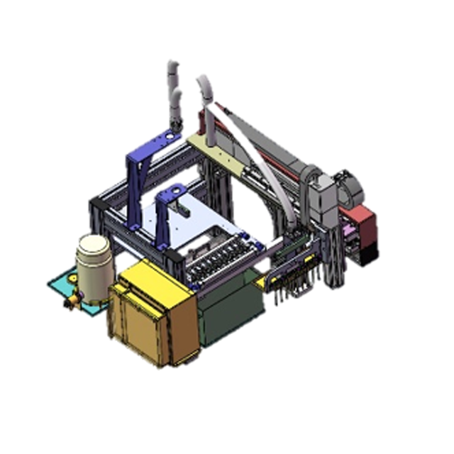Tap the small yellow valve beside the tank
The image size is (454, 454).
pyautogui.click(x=70, y=304)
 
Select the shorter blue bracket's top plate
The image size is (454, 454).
pyautogui.click(x=172, y=192)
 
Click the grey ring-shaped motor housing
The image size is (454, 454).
pyautogui.click(x=348, y=185)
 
